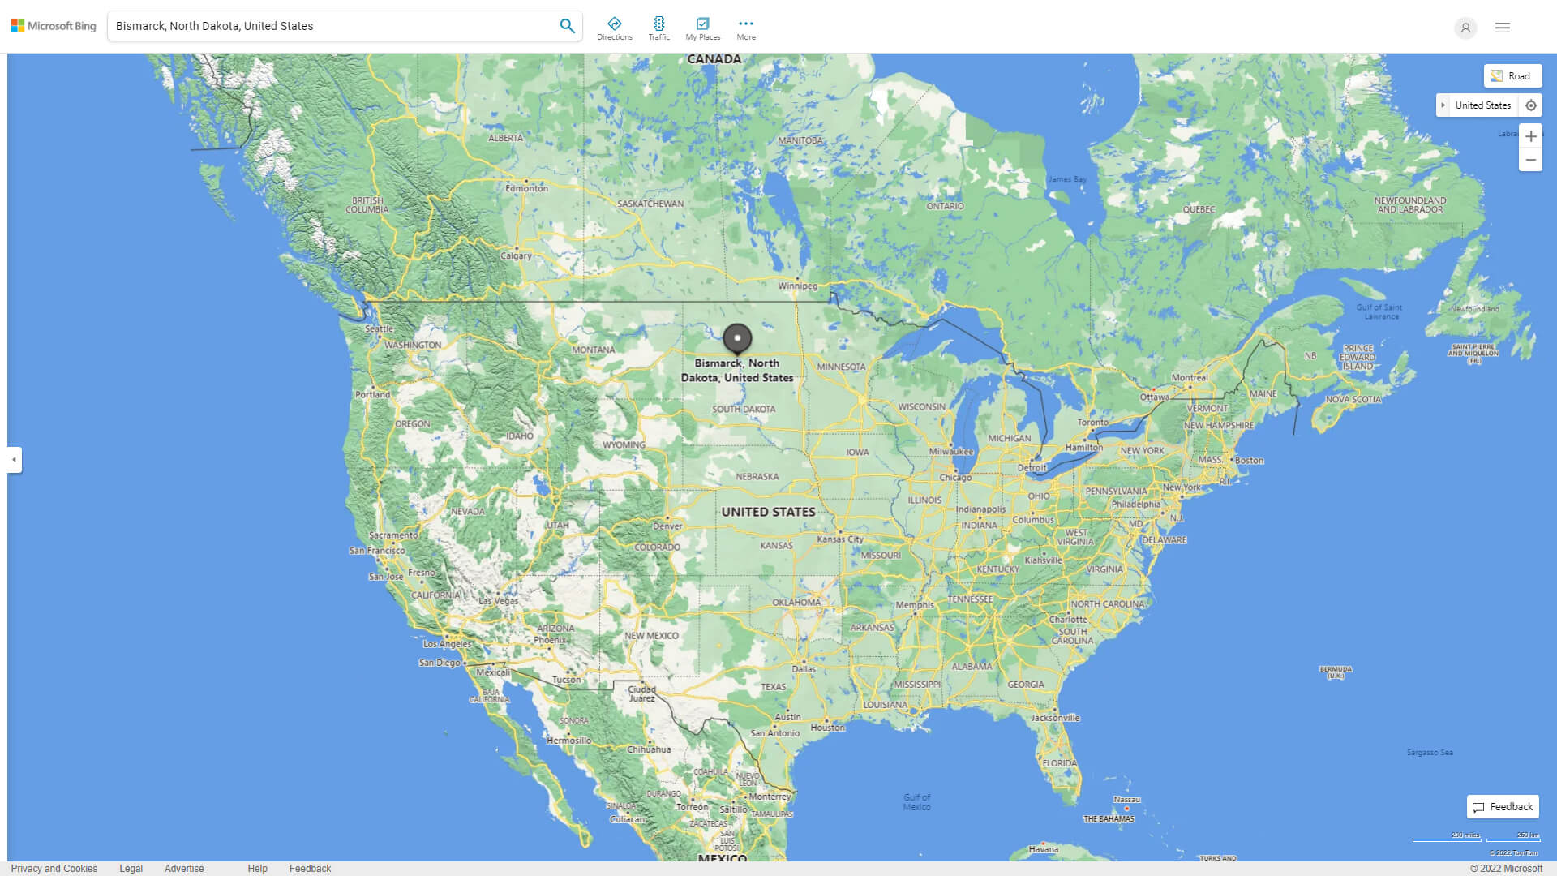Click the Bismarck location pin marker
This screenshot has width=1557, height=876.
click(737, 338)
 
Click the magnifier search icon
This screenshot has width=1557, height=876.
click(567, 26)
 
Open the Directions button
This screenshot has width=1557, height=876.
click(615, 28)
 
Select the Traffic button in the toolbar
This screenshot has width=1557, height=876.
click(659, 28)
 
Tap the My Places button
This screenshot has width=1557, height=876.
click(702, 28)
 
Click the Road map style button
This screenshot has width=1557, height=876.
click(1512, 76)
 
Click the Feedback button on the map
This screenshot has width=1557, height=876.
click(1503, 807)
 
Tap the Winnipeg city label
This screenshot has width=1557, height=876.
click(798, 286)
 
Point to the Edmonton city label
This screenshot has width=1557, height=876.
click(527, 188)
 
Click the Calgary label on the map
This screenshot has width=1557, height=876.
click(517, 255)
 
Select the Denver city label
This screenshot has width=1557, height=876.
click(667, 526)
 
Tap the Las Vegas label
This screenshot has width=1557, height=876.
click(498, 601)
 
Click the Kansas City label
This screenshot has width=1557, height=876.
click(840, 539)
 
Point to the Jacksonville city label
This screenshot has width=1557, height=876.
click(1055, 717)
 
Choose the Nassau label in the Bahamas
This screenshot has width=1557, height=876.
click(1126, 800)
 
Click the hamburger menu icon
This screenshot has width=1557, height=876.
click(1503, 28)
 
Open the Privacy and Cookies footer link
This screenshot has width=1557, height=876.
click(54, 869)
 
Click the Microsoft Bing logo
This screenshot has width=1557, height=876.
click(54, 26)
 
